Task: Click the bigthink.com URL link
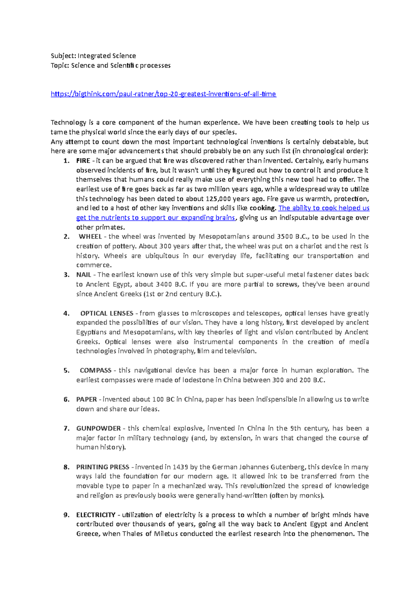[x=163, y=94]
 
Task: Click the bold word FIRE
[x=83, y=161]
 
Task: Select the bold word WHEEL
[x=90, y=237]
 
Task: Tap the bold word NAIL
[x=84, y=275]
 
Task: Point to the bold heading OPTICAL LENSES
[x=107, y=313]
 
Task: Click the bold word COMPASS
[x=96, y=370]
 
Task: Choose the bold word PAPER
[x=86, y=399]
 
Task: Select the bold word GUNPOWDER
[x=98, y=429]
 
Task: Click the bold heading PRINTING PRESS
[x=103, y=467]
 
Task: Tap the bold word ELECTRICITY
[x=96, y=515]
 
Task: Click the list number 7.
[x=66, y=429]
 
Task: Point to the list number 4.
[x=66, y=313]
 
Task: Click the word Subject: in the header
[x=63, y=56]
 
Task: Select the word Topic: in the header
[x=60, y=66]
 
